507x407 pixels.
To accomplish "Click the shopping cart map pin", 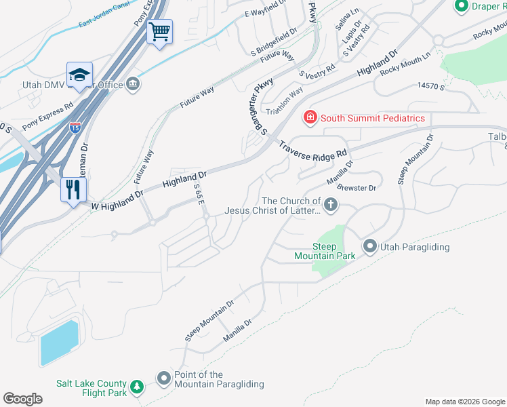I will (159, 31).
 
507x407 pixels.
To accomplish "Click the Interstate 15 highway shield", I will (75, 127).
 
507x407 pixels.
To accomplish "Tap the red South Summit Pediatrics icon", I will (310, 118).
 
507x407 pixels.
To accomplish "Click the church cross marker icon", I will (331, 205).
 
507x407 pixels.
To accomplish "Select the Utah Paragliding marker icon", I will (370, 247).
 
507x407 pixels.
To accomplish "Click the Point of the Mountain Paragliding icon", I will (164, 379).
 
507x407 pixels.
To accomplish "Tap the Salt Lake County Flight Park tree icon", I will (137, 387).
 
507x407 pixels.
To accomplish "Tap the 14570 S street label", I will (431, 86).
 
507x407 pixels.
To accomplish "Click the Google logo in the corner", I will (22, 399).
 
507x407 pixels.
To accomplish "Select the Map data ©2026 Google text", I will (464, 402).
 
